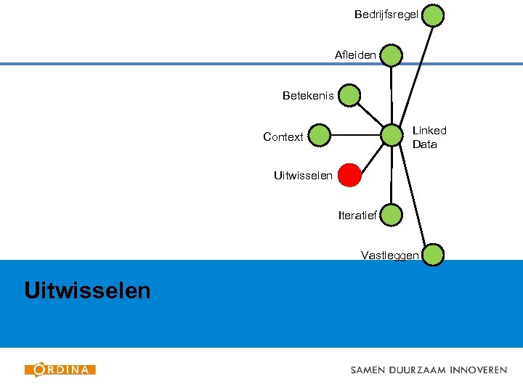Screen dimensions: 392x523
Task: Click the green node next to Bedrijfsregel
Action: point(433,15)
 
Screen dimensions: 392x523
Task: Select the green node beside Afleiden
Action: point(391,55)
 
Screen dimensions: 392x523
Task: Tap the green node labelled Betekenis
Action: point(349,95)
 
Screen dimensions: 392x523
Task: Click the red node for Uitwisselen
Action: point(349,175)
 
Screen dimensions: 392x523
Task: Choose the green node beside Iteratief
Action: point(391,215)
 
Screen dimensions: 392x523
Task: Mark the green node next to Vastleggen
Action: point(433,255)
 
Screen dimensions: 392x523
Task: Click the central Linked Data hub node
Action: point(392,135)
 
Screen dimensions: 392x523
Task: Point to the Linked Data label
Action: point(429,137)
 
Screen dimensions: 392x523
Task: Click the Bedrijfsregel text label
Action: point(386,15)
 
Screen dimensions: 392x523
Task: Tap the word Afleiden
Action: point(355,55)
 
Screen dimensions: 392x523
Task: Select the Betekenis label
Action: point(308,95)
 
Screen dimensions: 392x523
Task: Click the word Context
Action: point(283,136)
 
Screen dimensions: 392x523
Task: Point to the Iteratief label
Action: point(357,215)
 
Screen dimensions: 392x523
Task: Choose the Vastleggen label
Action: point(389,255)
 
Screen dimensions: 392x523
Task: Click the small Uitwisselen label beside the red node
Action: point(303,175)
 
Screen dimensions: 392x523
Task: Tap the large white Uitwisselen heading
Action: point(87,291)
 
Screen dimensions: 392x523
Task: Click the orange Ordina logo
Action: point(60,369)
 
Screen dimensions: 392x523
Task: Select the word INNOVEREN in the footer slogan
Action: point(478,369)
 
